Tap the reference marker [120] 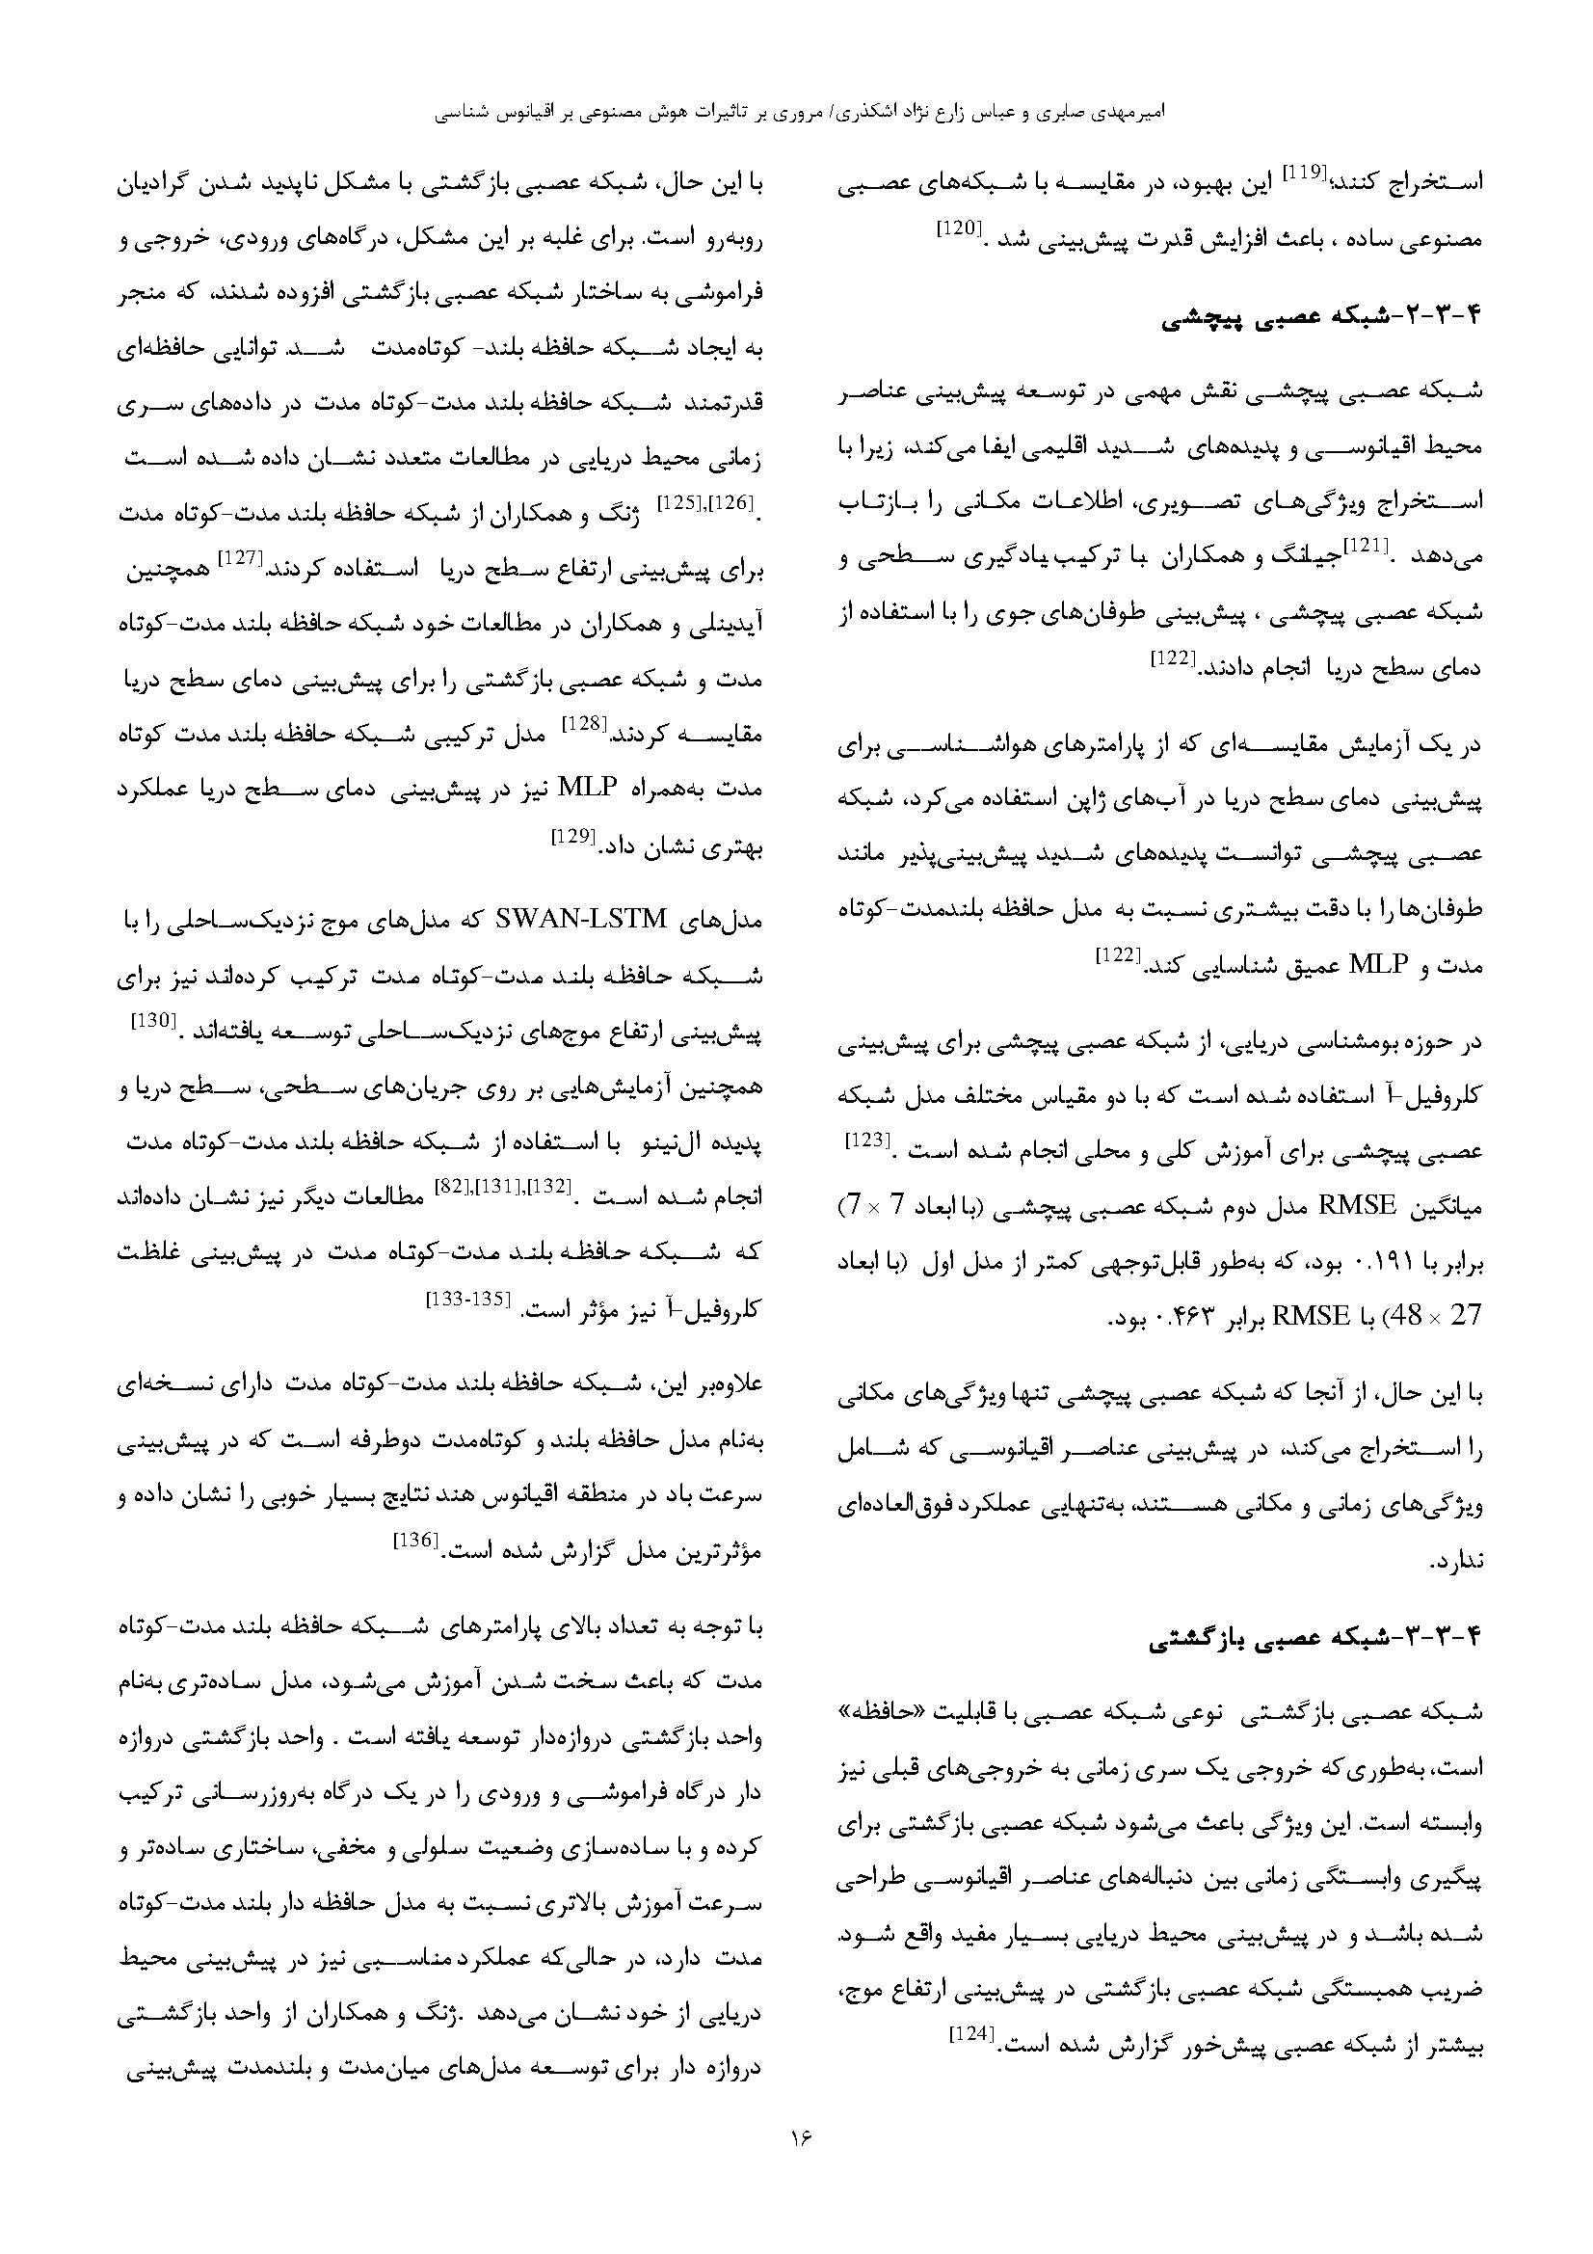pyautogui.click(x=956, y=228)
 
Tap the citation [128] pyautogui.click(x=582, y=723)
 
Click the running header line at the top pyautogui.click(x=796, y=113)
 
